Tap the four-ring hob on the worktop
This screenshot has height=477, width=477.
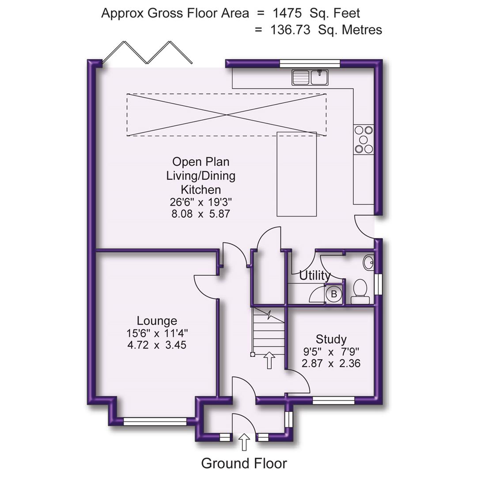coord(363,140)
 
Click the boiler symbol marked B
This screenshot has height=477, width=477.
coord(334,294)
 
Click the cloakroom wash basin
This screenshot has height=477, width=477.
coord(368,262)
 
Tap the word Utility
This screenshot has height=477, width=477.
coord(315,276)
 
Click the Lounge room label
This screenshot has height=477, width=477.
coord(157,321)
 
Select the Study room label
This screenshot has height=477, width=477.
coord(331,339)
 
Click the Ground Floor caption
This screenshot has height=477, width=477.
coord(244,463)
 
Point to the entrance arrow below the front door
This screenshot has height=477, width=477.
coord(244,442)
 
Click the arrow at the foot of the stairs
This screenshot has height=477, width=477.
coord(269,360)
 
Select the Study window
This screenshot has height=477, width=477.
coord(333,401)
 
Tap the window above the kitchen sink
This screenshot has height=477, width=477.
coord(310,63)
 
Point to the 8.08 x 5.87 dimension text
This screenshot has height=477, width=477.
coord(201,214)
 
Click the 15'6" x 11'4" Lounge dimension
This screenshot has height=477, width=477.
coord(157,333)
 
